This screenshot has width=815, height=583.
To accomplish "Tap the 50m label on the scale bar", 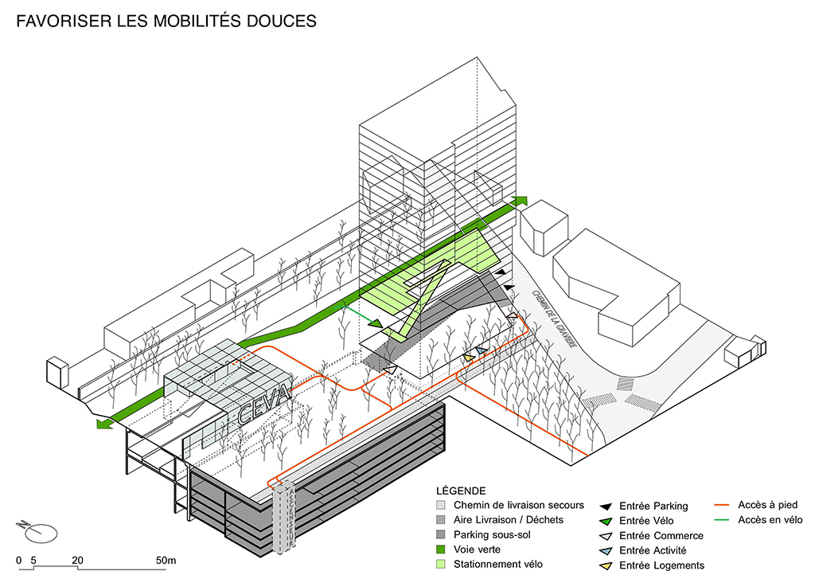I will (166, 561).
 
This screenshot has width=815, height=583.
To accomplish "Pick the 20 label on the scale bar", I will (77, 561).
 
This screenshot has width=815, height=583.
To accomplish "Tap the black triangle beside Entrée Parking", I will (606, 506).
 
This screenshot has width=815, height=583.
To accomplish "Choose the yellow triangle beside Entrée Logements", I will (606, 565).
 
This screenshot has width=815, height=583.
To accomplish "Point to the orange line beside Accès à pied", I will (722, 505).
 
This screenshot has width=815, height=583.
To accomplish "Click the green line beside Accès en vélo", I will (722, 520).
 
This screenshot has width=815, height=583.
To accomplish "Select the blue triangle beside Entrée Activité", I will (606, 550).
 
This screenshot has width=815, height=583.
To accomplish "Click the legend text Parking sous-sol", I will (493, 534).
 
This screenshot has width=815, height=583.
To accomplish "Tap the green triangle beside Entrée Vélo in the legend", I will (606, 521).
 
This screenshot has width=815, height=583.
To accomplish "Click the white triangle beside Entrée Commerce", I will (606, 535).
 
